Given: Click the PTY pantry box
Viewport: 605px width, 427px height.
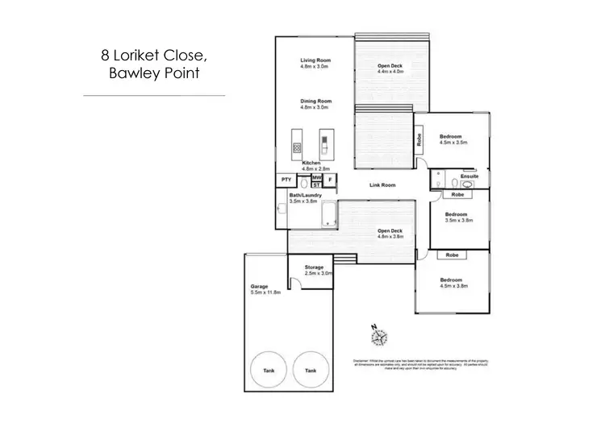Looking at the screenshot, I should (286, 180).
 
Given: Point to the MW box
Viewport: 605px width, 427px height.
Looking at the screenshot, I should (317, 177).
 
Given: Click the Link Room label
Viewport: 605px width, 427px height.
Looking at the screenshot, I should (382, 185).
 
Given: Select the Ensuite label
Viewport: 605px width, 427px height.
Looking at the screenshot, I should (469, 176).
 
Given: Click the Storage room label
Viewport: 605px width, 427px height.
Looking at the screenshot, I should (314, 267).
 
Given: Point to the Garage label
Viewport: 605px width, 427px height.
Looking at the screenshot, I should (259, 286).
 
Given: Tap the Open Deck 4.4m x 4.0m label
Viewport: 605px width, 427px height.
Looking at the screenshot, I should (390, 68).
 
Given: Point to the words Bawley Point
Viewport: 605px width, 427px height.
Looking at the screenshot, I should (153, 74).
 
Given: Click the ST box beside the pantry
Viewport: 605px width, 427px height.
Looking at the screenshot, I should (316, 185).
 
